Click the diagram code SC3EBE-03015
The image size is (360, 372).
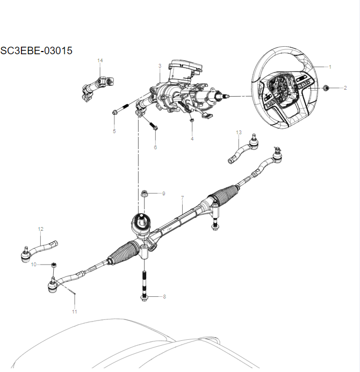[37, 51]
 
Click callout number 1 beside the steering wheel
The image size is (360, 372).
[330, 67]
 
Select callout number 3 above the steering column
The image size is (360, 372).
[160, 66]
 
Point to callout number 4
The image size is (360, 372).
[192, 139]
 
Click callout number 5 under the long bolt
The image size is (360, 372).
[114, 132]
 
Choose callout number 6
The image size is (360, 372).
[156, 147]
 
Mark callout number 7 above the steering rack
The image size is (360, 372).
[183, 199]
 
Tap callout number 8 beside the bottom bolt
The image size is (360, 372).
[164, 297]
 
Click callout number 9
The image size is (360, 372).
[163, 193]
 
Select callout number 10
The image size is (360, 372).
[33, 265]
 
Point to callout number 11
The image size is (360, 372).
[75, 312]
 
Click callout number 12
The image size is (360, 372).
[40, 229]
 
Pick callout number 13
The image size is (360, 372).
[239, 132]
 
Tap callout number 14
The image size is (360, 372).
[100, 61]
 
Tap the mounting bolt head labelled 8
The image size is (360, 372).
[143, 297]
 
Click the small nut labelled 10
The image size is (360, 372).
[54, 265]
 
